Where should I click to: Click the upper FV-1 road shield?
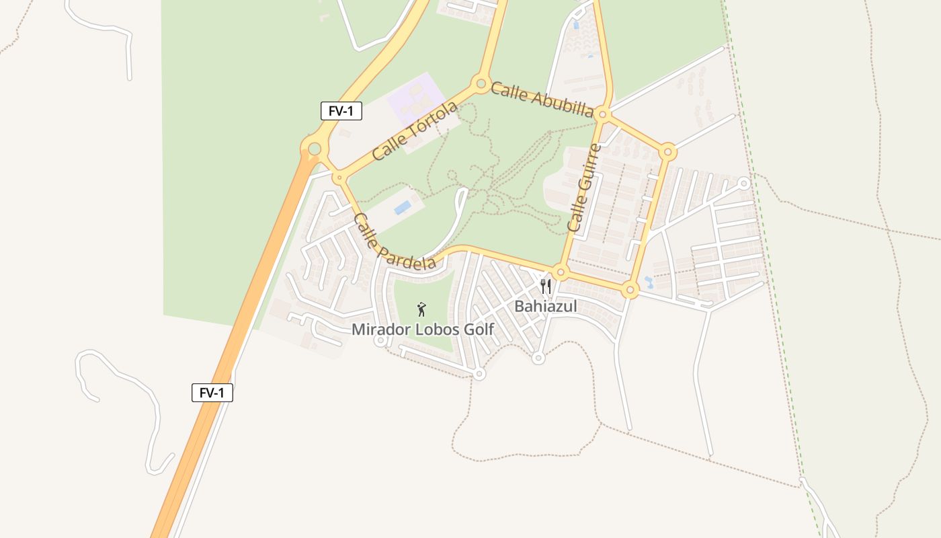pos(341,111)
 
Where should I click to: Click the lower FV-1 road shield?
pos(212,393)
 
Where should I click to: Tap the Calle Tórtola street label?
pos(415,130)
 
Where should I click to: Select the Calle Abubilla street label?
pos(542,99)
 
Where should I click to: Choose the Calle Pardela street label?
pos(394,241)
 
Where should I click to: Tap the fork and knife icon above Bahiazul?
pos(546,287)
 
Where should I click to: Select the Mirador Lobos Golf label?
pos(423,330)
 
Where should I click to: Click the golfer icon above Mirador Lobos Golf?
pos(421,309)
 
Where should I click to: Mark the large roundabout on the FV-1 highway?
pos(315,147)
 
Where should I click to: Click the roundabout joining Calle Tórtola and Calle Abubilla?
pos(481,85)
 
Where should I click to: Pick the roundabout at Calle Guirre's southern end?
pos(561,272)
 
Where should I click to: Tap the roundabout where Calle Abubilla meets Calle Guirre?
pos(602,115)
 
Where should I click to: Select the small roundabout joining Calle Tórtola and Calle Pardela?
pos(339,178)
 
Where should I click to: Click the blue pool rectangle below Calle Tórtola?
pos(403,208)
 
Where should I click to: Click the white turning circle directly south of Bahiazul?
pos(538,358)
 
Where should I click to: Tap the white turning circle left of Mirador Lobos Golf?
pos(380,341)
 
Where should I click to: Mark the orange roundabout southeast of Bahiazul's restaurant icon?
pos(630,291)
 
